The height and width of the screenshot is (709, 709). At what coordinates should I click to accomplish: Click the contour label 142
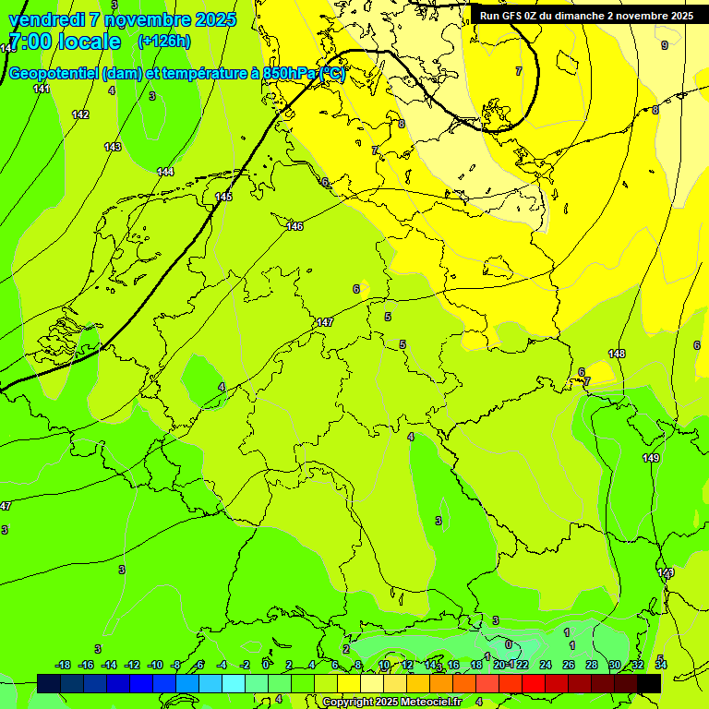click(80, 114)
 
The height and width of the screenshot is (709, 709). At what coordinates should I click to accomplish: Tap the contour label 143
click(113, 147)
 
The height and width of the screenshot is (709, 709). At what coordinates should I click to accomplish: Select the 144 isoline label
click(165, 172)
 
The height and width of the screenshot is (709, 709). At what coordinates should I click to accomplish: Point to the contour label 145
click(223, 197)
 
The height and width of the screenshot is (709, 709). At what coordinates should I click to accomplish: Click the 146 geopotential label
click(294, 226)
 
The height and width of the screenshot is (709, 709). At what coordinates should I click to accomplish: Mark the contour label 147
click(324, 322)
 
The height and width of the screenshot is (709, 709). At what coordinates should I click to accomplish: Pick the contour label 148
click(617, 354)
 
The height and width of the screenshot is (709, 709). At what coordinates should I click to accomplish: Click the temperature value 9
click(664, 45)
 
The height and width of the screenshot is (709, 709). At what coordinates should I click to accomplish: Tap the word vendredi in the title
click(47, 19)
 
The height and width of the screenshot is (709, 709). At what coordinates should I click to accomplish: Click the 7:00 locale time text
click(64, 42)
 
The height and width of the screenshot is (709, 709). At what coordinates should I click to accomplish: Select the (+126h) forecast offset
click(163, 42)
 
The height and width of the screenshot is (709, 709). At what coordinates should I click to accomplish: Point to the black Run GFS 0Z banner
click(586, 16)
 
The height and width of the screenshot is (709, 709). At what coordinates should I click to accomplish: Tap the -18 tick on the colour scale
click(63, 665)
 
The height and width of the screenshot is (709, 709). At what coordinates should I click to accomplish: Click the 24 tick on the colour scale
click(545, 665)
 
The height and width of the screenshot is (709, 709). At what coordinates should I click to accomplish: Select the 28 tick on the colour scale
click(591, 665)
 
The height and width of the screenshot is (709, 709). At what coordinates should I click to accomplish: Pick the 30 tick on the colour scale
click(614, 665)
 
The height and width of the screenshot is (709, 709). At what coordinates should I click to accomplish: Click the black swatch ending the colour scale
click(649, 683)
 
